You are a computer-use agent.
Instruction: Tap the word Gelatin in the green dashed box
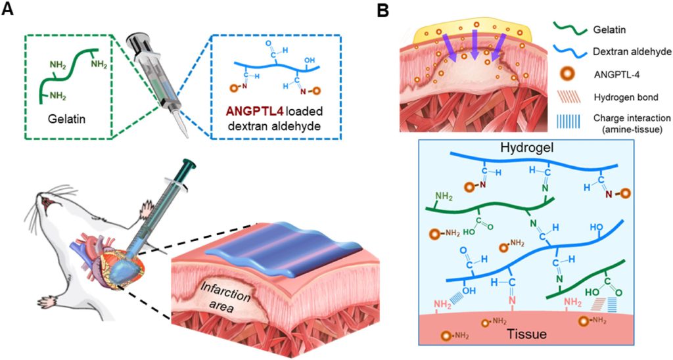click(x=60, y=122)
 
